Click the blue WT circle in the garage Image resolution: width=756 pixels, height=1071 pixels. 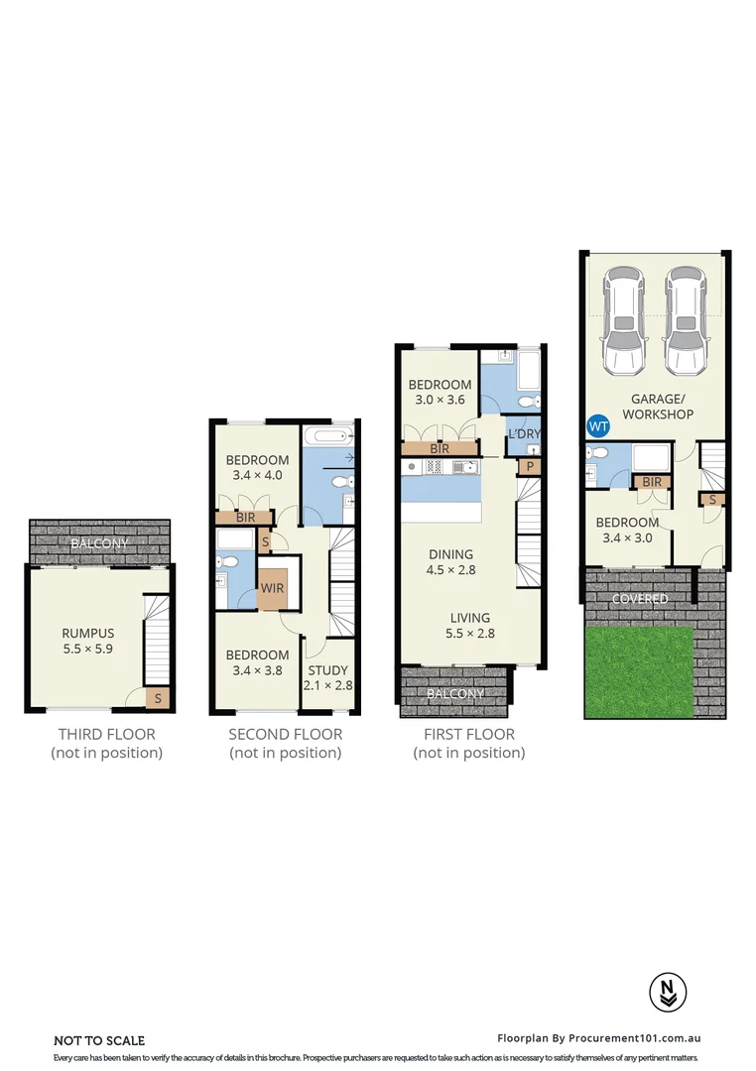598,426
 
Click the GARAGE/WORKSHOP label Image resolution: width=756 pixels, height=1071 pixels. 657,407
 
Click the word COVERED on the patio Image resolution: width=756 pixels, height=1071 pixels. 639,600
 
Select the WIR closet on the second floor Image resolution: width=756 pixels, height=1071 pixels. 273,586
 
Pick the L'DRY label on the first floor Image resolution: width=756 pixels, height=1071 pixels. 524,434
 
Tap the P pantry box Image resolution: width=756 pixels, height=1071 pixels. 530,467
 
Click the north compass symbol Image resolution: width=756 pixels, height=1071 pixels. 664,992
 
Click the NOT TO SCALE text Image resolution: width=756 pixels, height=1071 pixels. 99,1040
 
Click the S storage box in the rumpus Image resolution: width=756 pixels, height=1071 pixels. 157,700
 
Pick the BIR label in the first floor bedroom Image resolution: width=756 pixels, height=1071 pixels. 440,449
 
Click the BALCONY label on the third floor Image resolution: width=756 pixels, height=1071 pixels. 98,544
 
